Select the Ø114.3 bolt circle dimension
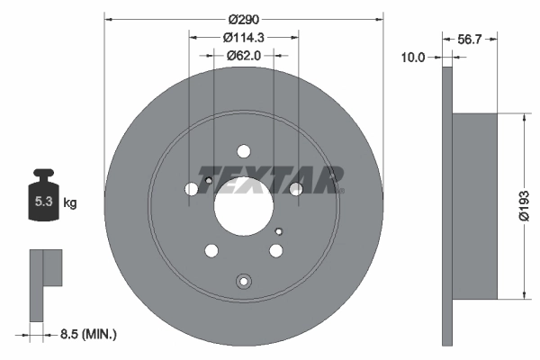[x=244, y=38]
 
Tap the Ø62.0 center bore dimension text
[x=244, y=55]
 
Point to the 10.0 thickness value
[x=412, y=57]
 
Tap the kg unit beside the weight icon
[x=69, y=203]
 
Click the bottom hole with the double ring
[x=243, y=282]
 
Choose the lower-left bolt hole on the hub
[x=211, y=251]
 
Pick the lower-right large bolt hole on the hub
[x=276, y=251]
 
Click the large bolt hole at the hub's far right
[x=295, y=188]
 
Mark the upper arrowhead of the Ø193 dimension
[x=523, y=118]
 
